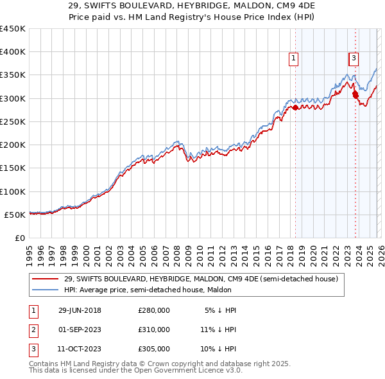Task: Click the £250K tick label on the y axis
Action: pos(13,121)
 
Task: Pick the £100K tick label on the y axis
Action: pos(13,191)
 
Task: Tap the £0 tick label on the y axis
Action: pos(19,238)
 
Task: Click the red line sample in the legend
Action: pos(45,279)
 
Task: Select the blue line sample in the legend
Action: pos(45,290)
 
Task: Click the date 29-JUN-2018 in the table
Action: pos(79,310)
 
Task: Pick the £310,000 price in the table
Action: pos(154,330)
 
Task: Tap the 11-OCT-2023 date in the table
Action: pos(79,349)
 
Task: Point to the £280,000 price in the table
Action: pos(154,310)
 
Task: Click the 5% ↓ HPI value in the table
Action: pos(220,310)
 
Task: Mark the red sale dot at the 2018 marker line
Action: pos(295,108)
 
